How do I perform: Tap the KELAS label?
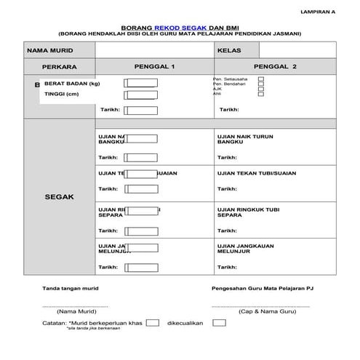pyautogui.click(x=229, y=51)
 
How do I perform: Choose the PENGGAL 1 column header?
pyautogui.click(x=155, y=67)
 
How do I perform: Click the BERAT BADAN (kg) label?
pyautogui.click(x=72, y=84)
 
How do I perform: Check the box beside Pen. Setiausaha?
pyautogui.click(x=261, y=79)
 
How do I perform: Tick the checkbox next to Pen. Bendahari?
pyautogui.click(x=261, y=84)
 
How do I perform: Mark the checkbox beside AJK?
pyautogui.click(x=261, y=89)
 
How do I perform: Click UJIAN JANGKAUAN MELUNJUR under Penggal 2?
pyautogui.click(x=247, y=249)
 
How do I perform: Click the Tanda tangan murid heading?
pyautogui.click(x=71, y=288)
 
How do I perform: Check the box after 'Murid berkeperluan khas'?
pyautogui.click(x=152, y=321)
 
